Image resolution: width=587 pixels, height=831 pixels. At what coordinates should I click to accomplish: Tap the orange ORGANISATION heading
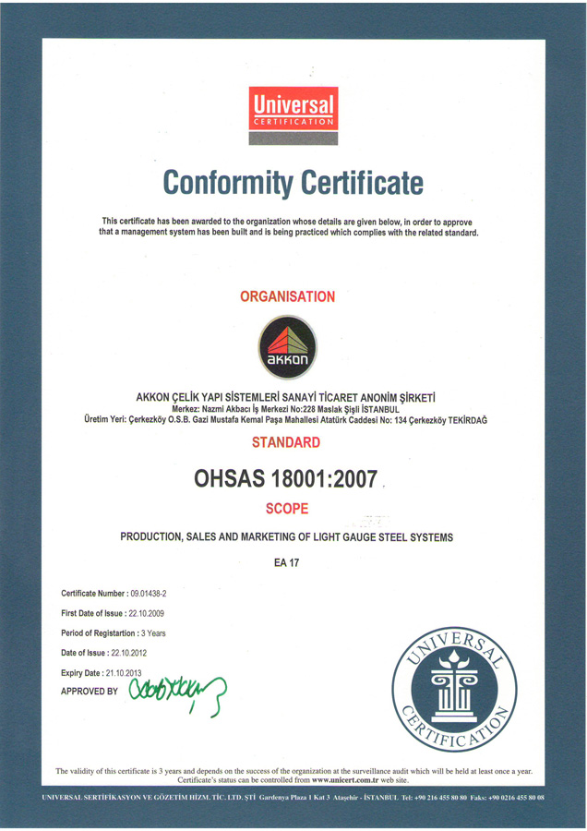click(287, 296)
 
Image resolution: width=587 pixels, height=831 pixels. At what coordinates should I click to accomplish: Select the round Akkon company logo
click(286, 348)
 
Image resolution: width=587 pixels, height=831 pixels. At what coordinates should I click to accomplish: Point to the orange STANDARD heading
click(286, 442)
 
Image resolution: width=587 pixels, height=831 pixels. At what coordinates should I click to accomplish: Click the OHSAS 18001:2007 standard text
click(285, 478)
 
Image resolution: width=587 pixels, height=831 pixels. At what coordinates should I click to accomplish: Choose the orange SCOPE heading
click(286, 508)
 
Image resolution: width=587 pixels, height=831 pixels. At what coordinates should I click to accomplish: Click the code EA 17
click(287, 561)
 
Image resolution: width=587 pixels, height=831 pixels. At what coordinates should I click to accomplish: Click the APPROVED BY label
click(90, 691)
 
